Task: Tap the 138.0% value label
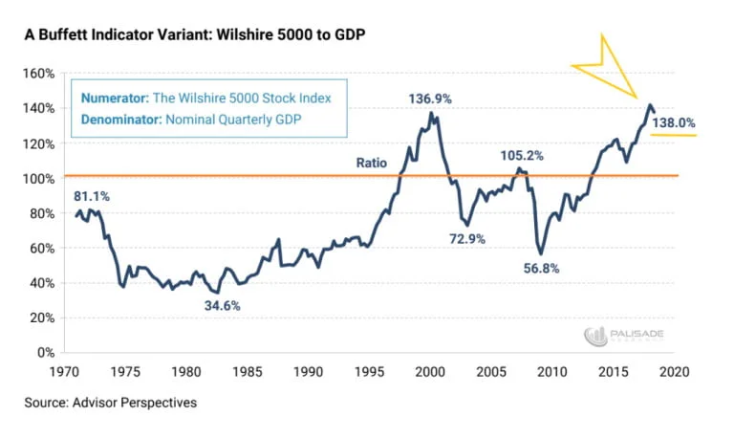673,123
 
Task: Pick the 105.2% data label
521,156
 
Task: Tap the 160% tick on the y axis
41,74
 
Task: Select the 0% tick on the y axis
48,353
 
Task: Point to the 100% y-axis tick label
41,179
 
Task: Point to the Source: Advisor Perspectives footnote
110,403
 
